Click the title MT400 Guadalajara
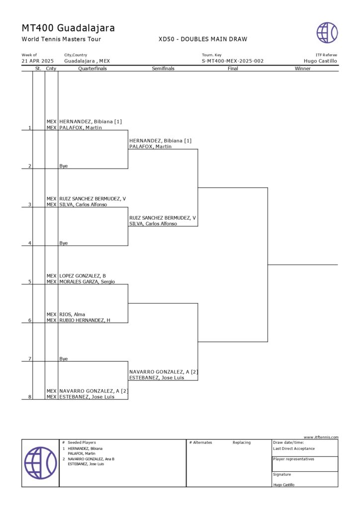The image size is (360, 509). click(x=68, y=28)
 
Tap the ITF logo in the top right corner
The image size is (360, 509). click(x=327, y=33)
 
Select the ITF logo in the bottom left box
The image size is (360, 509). click(x=40, y=463)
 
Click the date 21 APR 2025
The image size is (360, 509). click(x=37, y=61)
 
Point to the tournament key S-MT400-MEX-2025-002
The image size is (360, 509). click(x=232, y=61)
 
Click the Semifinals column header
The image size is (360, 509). click(x=163, y=69)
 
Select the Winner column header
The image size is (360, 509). click(x=302, y=69)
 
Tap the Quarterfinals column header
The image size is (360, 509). click(x=92, y=69)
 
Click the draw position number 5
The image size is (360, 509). click(x=30, y=282)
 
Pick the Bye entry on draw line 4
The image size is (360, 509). click(x=64, y=243)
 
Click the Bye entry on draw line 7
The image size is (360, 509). click(x=64, y=358)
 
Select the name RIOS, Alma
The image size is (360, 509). click(x=72, y=314)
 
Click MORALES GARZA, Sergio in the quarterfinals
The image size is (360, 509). click(x=87, y=282)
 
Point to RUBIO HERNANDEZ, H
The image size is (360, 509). click(x=85, y=320)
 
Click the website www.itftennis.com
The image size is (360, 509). click(x=321, y=437)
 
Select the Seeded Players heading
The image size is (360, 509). click(x=82, y=442)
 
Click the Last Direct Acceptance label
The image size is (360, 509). click(x=294, y=448)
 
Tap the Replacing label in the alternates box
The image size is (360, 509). click(x=242, y=442)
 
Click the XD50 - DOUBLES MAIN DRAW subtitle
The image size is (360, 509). click(x=202, y=39)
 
